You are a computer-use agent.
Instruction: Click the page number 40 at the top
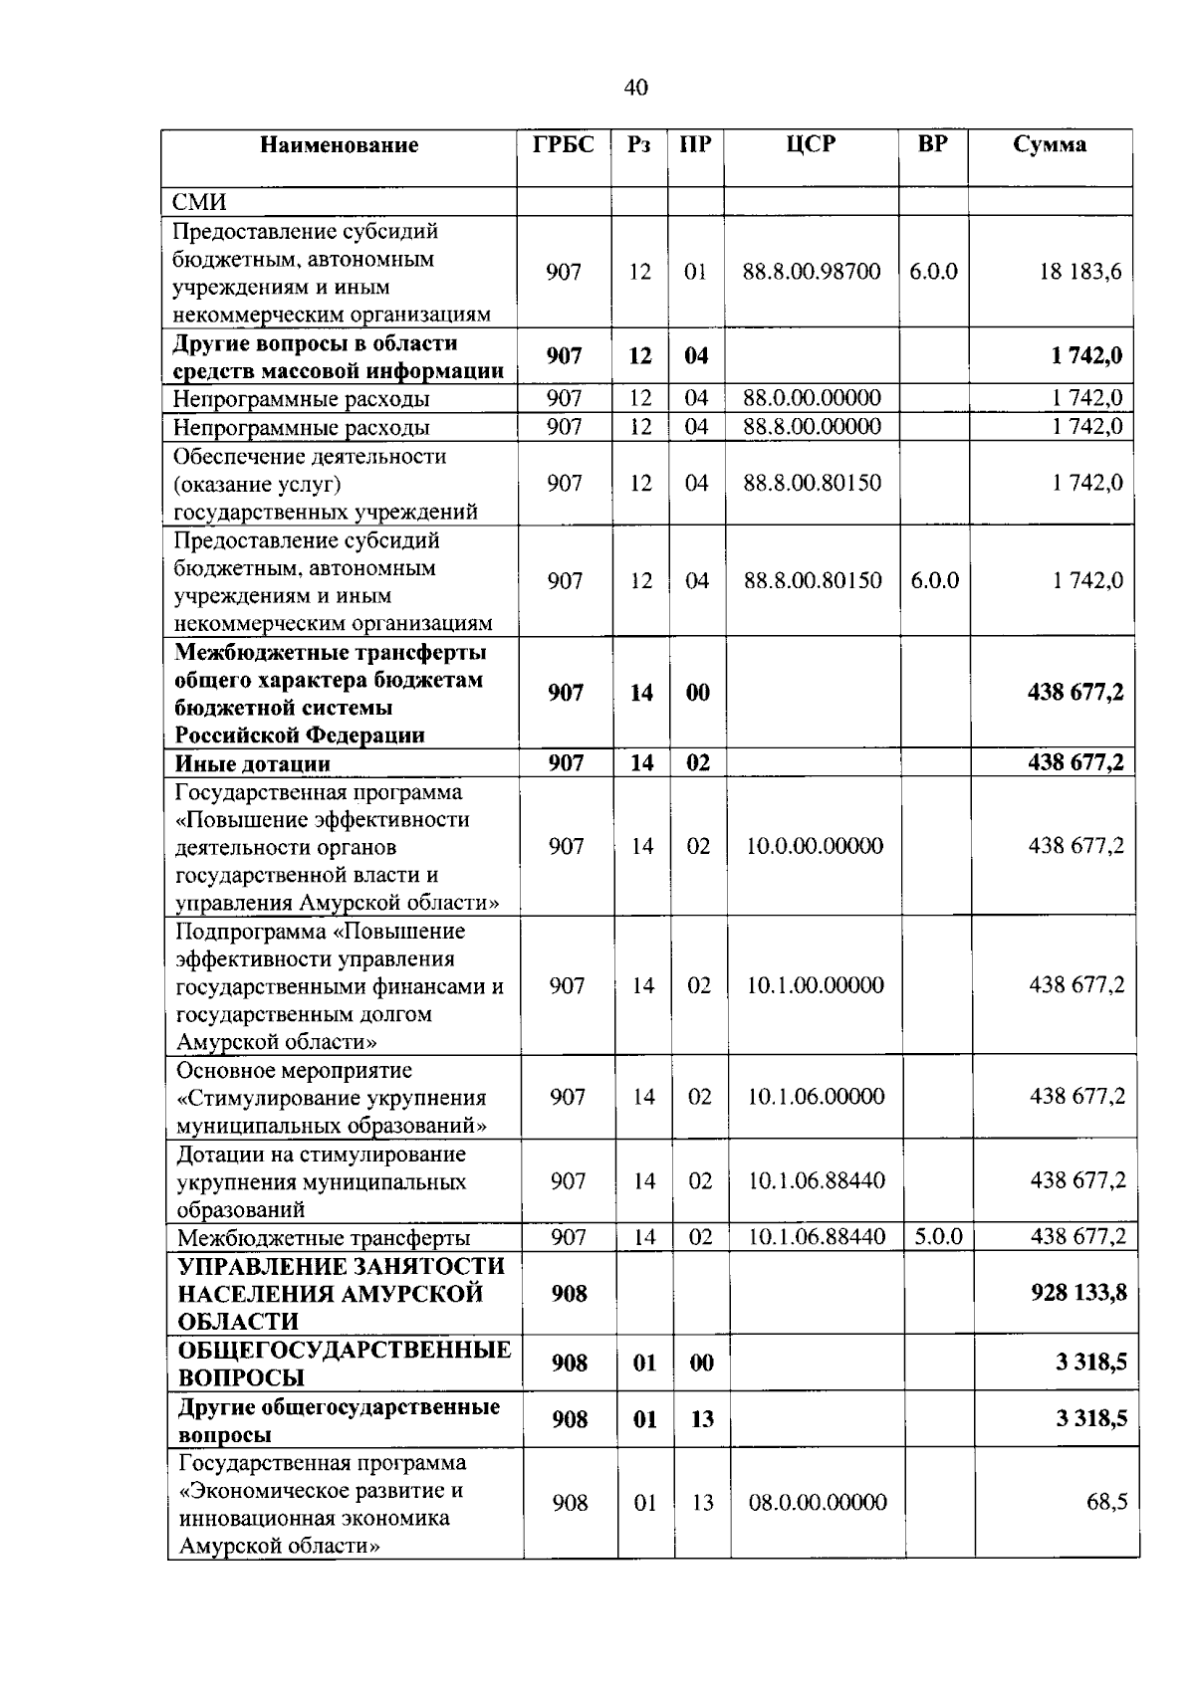tap(635, 88)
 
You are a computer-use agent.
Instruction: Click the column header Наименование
tap(339, 145)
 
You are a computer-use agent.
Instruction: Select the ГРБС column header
tap(563, 144)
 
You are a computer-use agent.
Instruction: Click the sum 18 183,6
tap(1079, 272)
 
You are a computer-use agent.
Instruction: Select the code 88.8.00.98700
tap(812, 272)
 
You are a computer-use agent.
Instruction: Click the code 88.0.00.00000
tap(812, 398)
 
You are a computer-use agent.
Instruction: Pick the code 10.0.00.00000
tap(815, 846)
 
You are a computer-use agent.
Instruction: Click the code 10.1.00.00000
tap(815, 985)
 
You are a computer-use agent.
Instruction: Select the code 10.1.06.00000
tap(816, 1097)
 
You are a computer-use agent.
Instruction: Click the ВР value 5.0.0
tap(938, 1237)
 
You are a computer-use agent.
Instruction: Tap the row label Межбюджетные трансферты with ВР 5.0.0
tap(323, 1239)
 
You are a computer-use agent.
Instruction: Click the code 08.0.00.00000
tap(817, 1503)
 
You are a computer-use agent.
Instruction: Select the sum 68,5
tap(1106, 1503)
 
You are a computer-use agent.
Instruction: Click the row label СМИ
tap(199, 202)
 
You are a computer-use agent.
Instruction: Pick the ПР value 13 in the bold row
tap(701, 1419)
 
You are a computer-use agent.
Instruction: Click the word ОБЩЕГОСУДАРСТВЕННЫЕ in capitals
tap(344, 1351)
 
